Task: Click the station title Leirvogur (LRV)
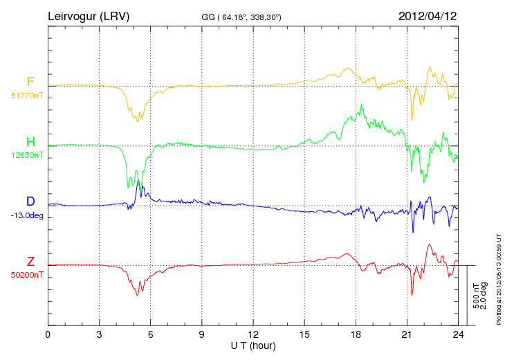pos(89,15)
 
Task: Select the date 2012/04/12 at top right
pos(428,15)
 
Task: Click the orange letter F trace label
pos(30,82)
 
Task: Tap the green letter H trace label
pos(30,142)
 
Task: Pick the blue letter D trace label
pos(30,201)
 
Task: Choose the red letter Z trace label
pos(30,261)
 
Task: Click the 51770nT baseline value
pos(27,96)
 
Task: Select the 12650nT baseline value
pos(27,155)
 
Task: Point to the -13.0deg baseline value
pos(27,215)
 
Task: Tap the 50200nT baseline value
pos(27,275)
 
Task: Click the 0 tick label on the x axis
pos(48,334)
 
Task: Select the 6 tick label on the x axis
pos(151,334)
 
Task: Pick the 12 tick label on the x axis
pos(253,334)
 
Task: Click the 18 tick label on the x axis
pos(356,334)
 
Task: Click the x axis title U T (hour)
pos(253,345)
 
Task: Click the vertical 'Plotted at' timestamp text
pos(498,278)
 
